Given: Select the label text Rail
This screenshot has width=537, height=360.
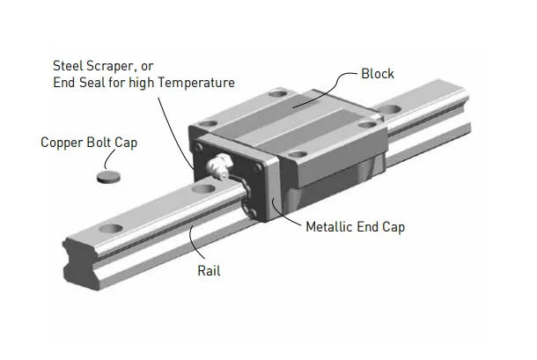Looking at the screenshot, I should click(209, 271).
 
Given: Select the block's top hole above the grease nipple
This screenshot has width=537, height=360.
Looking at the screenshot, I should click(208, 124).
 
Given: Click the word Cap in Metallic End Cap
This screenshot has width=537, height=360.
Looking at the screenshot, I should click(393, 226).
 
